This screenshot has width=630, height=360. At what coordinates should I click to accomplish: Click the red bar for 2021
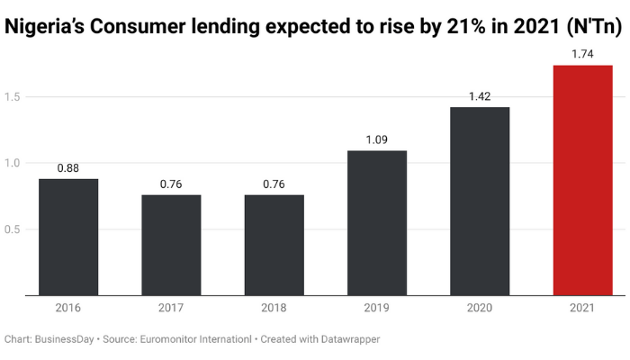pyautogui.click(x=582, y=180)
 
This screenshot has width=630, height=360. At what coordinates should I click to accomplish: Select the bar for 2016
pyautogui.click(x=68, y=237)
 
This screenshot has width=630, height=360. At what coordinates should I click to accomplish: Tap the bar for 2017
pyautogui.click(x=171, y=245)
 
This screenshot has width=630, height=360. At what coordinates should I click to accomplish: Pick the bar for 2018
pyautogui.click(x=274, y=245)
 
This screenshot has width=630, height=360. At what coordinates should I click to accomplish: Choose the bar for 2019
pyautogui.click(x=377, y=222)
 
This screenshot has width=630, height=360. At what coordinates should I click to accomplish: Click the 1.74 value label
pyautogui.click(x=582, y=55)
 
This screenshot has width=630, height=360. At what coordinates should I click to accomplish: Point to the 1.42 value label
pyautogui.click(x=480, y=96)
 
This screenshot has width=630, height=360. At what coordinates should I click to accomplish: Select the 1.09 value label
pyautogui.click(x=377, y=140)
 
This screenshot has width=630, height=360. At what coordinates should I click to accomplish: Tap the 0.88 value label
pyautogui.click(x=68, y=168)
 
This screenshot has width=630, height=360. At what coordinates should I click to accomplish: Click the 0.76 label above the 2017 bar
pyautogui.click(x=171, y=184)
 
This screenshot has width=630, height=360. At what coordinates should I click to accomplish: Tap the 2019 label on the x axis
pyautogui.click(x=377, y=308)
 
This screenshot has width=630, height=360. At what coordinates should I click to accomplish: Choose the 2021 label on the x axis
pyautogui.click(x=582, y=308)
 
